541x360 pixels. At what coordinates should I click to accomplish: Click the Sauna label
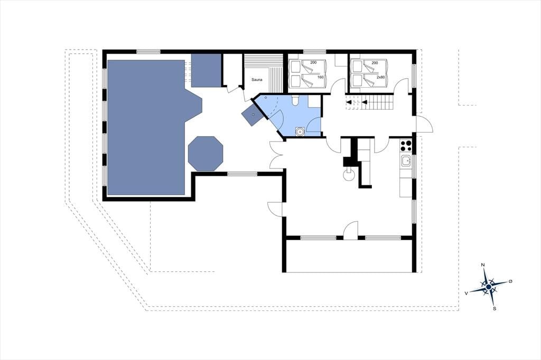coord(257,80)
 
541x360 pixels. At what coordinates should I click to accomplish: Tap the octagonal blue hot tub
coord(206,154)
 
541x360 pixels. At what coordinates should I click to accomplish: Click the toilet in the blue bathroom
coord(295,100)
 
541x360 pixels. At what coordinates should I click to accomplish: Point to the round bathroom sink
coord(300,131)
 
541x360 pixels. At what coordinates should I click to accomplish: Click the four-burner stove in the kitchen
coord(406,146)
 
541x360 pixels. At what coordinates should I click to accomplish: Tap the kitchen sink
coord(406,160)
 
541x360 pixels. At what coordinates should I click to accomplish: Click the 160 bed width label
coord(321,77)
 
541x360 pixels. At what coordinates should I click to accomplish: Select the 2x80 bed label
coord(380,77)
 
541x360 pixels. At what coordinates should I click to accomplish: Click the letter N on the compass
coord(483,265)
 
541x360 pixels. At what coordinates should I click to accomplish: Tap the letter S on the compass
coord(495,309)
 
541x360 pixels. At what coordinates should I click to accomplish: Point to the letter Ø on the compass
coord(511,281)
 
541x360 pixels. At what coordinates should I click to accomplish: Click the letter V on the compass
coord(466,293)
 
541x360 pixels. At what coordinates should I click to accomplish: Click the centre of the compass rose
coord(489,287)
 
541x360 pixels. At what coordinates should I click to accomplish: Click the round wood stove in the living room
coord(349,174)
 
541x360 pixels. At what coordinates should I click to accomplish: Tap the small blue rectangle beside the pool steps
coord(206,70)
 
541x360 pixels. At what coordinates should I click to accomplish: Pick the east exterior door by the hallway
coord(424,124)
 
